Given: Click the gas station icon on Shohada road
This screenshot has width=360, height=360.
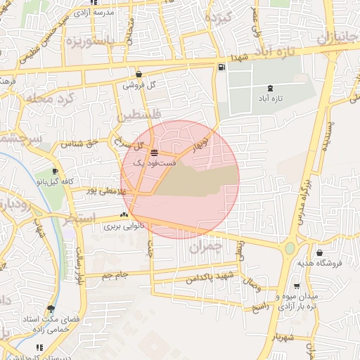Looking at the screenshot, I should [x=222, y=67].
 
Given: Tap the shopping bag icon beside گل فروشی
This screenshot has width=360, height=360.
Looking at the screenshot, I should [x=139, y=74].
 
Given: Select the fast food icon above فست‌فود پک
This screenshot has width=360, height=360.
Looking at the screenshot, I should [x=154, y=153].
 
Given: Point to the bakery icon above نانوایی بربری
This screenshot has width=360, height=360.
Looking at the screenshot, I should [x=124, y=216].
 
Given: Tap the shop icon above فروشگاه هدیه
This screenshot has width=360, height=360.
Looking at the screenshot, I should [x=320, y=253].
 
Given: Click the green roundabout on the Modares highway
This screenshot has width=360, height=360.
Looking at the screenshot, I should [x=290, y=248].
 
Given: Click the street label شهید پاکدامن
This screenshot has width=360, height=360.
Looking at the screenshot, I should [x=210, y=278].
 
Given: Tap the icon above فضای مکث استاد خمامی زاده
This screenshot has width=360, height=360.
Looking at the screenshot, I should [x=51, y=309].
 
